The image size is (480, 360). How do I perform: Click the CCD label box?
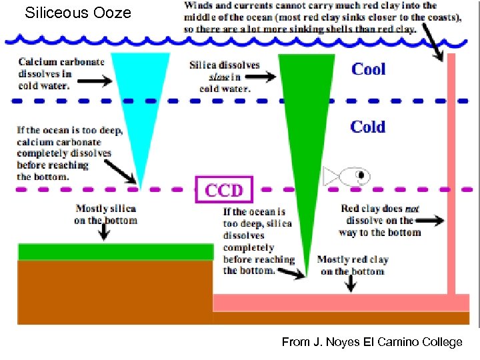tap(224, 189)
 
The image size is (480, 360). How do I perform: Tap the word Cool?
tap(368, 69)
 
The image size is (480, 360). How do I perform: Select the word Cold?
tap(368, 127)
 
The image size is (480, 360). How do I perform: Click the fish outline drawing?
tap(347, 176)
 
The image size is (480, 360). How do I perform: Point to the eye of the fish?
tap(361, 175)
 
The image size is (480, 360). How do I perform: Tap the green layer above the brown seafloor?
tap(115, 251)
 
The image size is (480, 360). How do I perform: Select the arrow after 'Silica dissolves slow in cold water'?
tap(262, 77)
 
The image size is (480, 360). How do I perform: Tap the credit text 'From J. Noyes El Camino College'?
tap(371, 342)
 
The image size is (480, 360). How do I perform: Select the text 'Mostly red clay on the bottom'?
tap(352, 265)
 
